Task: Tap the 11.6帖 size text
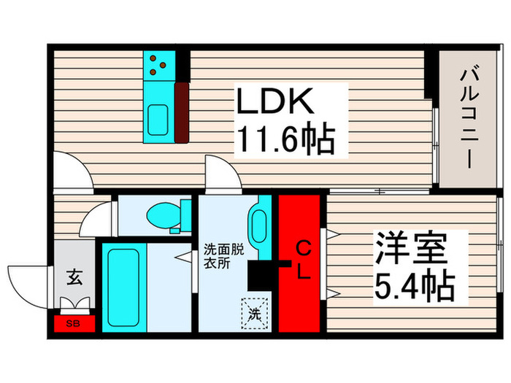285,139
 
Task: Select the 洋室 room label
410,249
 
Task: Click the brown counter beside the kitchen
181,112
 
